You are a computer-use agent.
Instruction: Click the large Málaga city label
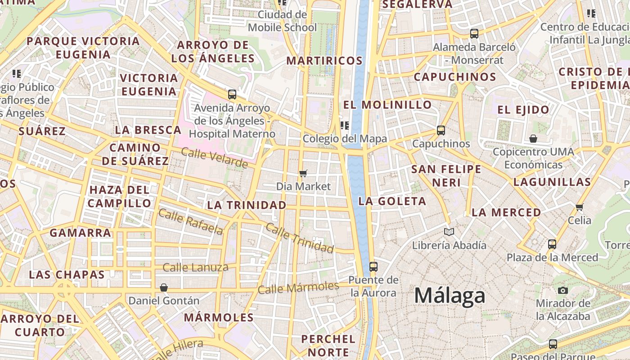(x=450, y=296)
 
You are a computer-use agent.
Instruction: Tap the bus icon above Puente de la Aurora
(x=373, y=266)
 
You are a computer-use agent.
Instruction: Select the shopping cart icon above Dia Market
(x=303, y=173)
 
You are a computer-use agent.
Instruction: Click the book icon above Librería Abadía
(x=449, y=232)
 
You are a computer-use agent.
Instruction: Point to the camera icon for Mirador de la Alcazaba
(x=562, y=290)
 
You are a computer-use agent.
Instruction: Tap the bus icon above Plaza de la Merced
(x=552, y=244)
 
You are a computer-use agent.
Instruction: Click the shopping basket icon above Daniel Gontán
(x=164, y=287)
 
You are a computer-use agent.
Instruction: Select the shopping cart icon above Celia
(x=580, y=207)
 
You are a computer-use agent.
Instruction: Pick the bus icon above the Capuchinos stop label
(x=441, y=130)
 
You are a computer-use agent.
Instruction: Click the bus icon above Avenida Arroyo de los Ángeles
(x=232, y=94)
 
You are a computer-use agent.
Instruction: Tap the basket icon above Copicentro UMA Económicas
(x=533, y=138)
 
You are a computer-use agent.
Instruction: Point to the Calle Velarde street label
(x=214, y=157)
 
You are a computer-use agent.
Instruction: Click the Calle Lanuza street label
(x=195, y=268)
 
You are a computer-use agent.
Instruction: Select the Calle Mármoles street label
(x=298, y=288)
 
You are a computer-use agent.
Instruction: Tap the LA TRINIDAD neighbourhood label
(x=247, y=205)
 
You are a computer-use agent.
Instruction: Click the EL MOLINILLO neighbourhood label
(x=387, y=105)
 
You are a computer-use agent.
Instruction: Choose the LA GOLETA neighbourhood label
(x=392, y=201)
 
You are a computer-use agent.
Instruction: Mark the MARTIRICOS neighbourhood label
(x=324, y=60)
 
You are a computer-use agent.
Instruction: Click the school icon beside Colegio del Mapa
(x=345, y=125)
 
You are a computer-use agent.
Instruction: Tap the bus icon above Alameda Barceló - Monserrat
(x=474, y=33)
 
